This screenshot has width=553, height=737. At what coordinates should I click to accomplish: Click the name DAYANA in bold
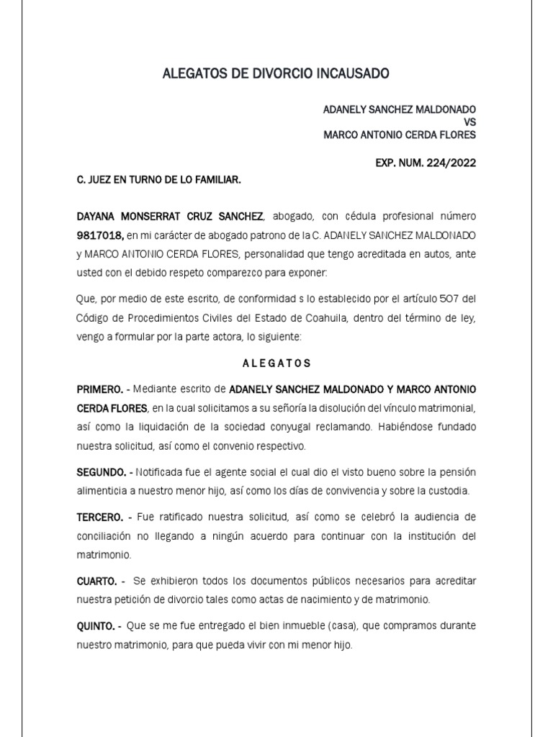pyautogui.click(x=97, y=216)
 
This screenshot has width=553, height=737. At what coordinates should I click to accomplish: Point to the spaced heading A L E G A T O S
pyautogui.click(x=276, y=363)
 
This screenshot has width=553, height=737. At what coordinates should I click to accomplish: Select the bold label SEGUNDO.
pyautogui.click(x=101, y=472)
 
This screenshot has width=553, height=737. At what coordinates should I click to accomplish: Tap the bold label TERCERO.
pyautogui.click(x=100, y=517)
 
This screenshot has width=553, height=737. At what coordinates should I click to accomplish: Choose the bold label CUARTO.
pyautogui.click(x=97, y=581)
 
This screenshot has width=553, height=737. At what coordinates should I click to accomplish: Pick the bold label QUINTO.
pyautogui.click(x=96, y=625)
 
